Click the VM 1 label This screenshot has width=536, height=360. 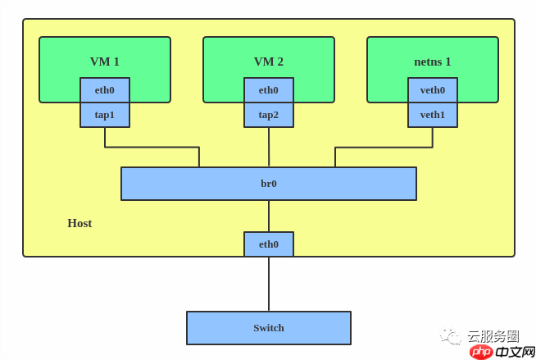[105, 62]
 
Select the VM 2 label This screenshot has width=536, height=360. [269, 62]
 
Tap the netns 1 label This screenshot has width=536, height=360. [433, 62]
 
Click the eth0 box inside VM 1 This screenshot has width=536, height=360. [105, 90]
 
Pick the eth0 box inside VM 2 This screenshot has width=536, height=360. [269, 90]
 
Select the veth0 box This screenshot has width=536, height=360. [433, 90]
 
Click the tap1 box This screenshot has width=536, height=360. [105, 115]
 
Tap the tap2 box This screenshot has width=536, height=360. [269, 115]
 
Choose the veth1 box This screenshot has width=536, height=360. [433, 115]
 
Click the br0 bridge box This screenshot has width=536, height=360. [269, 184]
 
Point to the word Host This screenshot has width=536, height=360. [79, 223]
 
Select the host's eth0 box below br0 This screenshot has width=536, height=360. [269, 244]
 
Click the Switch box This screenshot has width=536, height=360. [269, 328]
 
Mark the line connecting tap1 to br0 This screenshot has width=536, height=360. [152, 148]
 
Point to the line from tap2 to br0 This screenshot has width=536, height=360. [269, 148]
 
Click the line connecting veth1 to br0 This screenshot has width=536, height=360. [384, 148]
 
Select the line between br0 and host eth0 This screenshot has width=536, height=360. [269, 216]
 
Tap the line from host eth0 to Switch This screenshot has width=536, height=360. [269, 284]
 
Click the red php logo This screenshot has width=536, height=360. [482, 351]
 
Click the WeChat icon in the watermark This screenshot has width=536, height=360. [451, 336]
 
